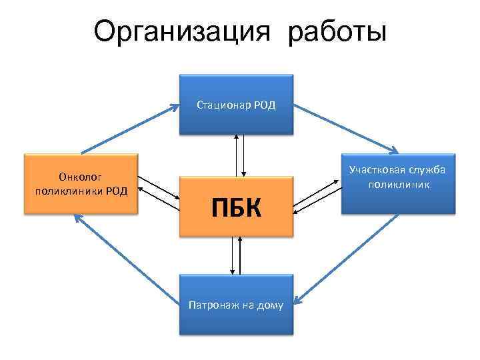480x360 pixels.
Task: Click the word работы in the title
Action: (337, 32)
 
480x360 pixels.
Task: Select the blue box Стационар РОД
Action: (236, 104)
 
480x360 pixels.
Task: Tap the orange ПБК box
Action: (236, 207)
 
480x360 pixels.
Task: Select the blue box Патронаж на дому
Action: (236, 304)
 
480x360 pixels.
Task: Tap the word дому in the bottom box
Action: (271, 305)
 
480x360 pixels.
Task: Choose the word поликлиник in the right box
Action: (398, 183)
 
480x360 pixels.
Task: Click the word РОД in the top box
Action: (265, 104)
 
